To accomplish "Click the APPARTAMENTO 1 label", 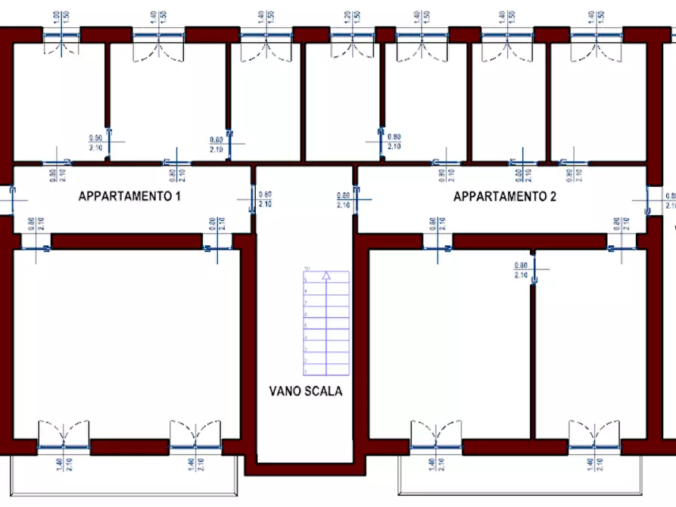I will [x=129, y=197].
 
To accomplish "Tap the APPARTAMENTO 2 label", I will [x=505, y=197].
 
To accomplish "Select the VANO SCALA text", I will [x=305, y=391].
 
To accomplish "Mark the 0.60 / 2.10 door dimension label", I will [x=217, y=144].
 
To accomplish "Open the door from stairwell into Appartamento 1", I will [x=251, y=199].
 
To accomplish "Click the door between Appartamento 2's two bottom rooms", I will [x=534, y=269].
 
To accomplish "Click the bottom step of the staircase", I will [x=326, y=369].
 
